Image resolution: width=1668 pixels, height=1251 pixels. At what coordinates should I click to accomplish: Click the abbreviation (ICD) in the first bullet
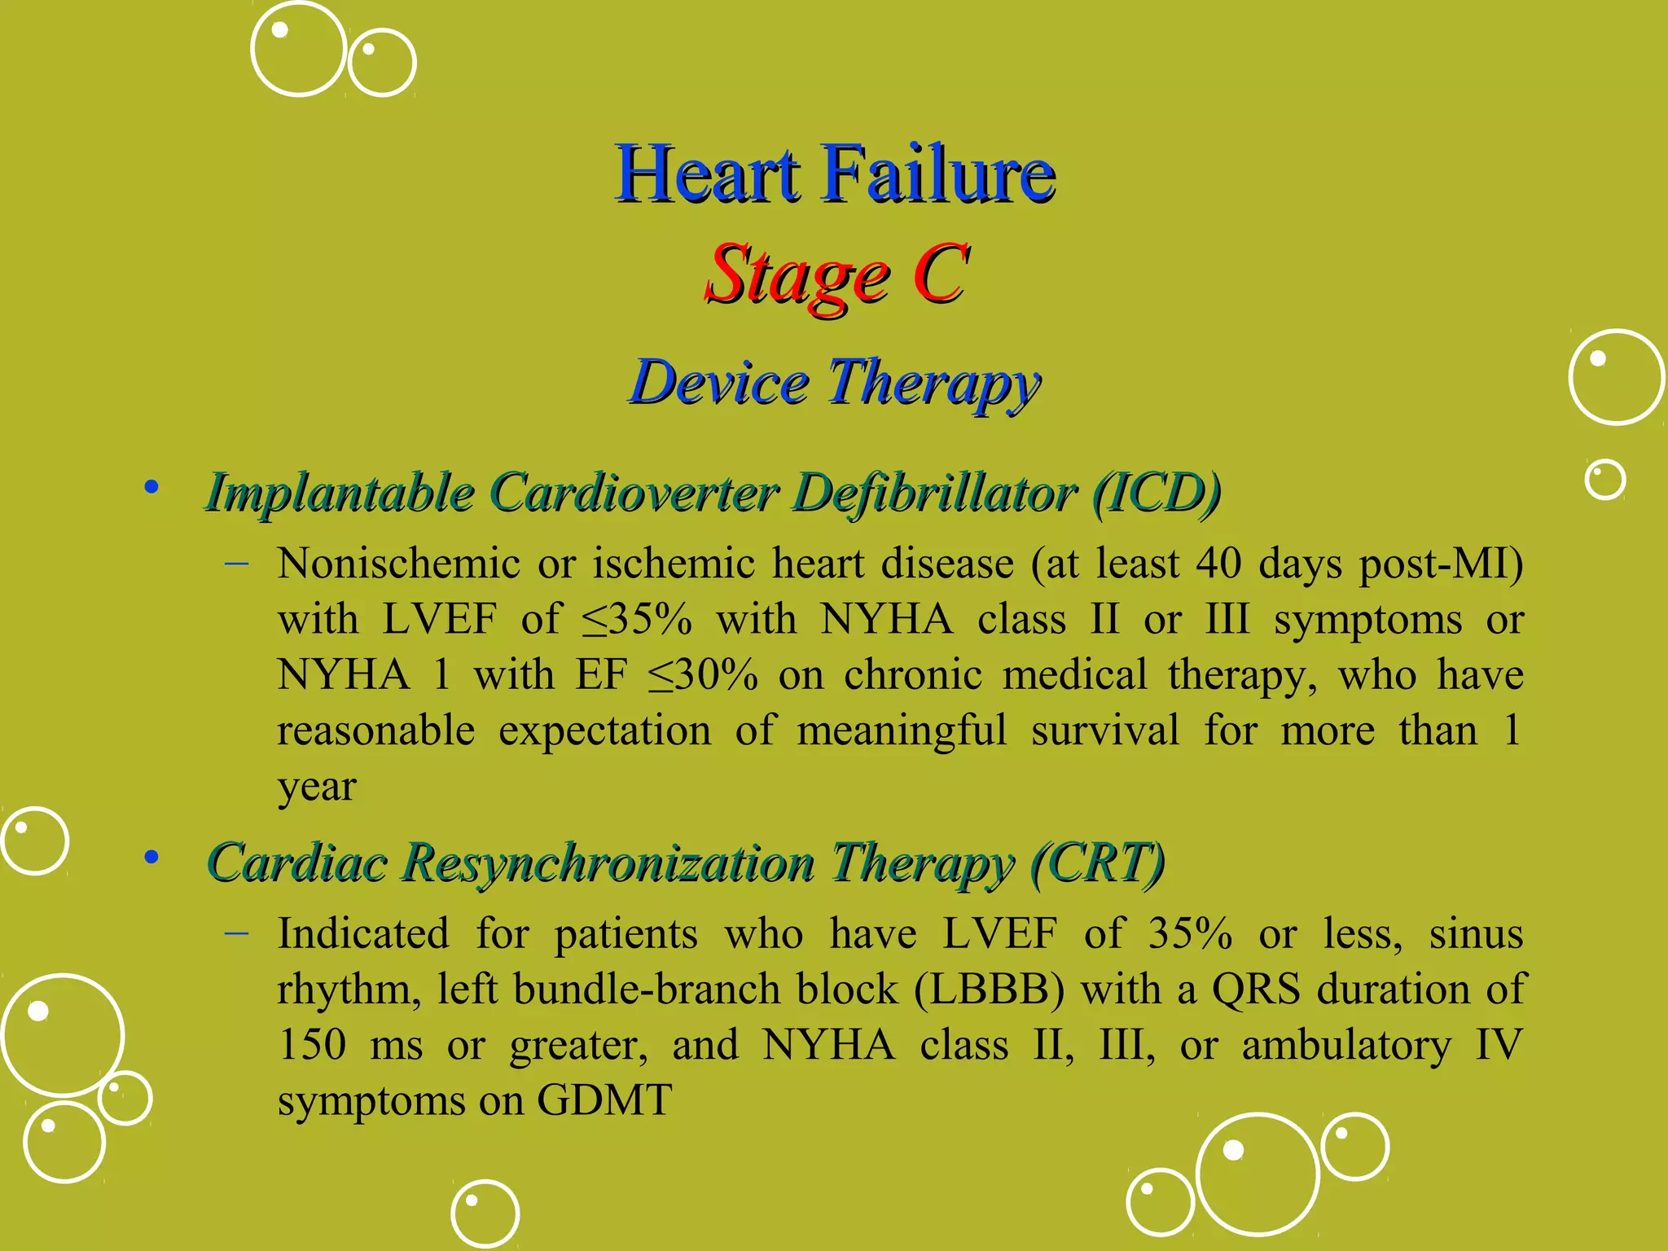[1157, 493]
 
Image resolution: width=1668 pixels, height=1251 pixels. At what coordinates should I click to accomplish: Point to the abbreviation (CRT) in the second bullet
[1098, 863]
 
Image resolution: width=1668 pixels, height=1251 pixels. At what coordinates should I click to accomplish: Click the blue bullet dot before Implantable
[151, 488]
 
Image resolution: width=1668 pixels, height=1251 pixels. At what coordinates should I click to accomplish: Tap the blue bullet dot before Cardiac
[151, 857]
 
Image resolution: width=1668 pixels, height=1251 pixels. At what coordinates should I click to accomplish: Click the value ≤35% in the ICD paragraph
[637, 620]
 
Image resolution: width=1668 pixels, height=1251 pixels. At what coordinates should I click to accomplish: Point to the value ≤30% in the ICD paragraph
[703, 675]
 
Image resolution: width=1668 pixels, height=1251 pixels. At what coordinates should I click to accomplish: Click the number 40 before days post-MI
[1218, 564]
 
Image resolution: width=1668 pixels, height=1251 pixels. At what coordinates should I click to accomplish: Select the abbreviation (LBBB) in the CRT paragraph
[989, 990]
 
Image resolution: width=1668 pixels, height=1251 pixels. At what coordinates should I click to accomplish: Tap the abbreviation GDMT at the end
[604, 1100]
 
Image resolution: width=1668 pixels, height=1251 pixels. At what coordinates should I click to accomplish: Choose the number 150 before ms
[312, 1045]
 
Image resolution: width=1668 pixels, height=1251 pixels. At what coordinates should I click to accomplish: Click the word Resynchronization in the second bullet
[608, 863]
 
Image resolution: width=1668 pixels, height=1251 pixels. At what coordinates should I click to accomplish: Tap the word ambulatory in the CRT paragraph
[1346, 1045]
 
